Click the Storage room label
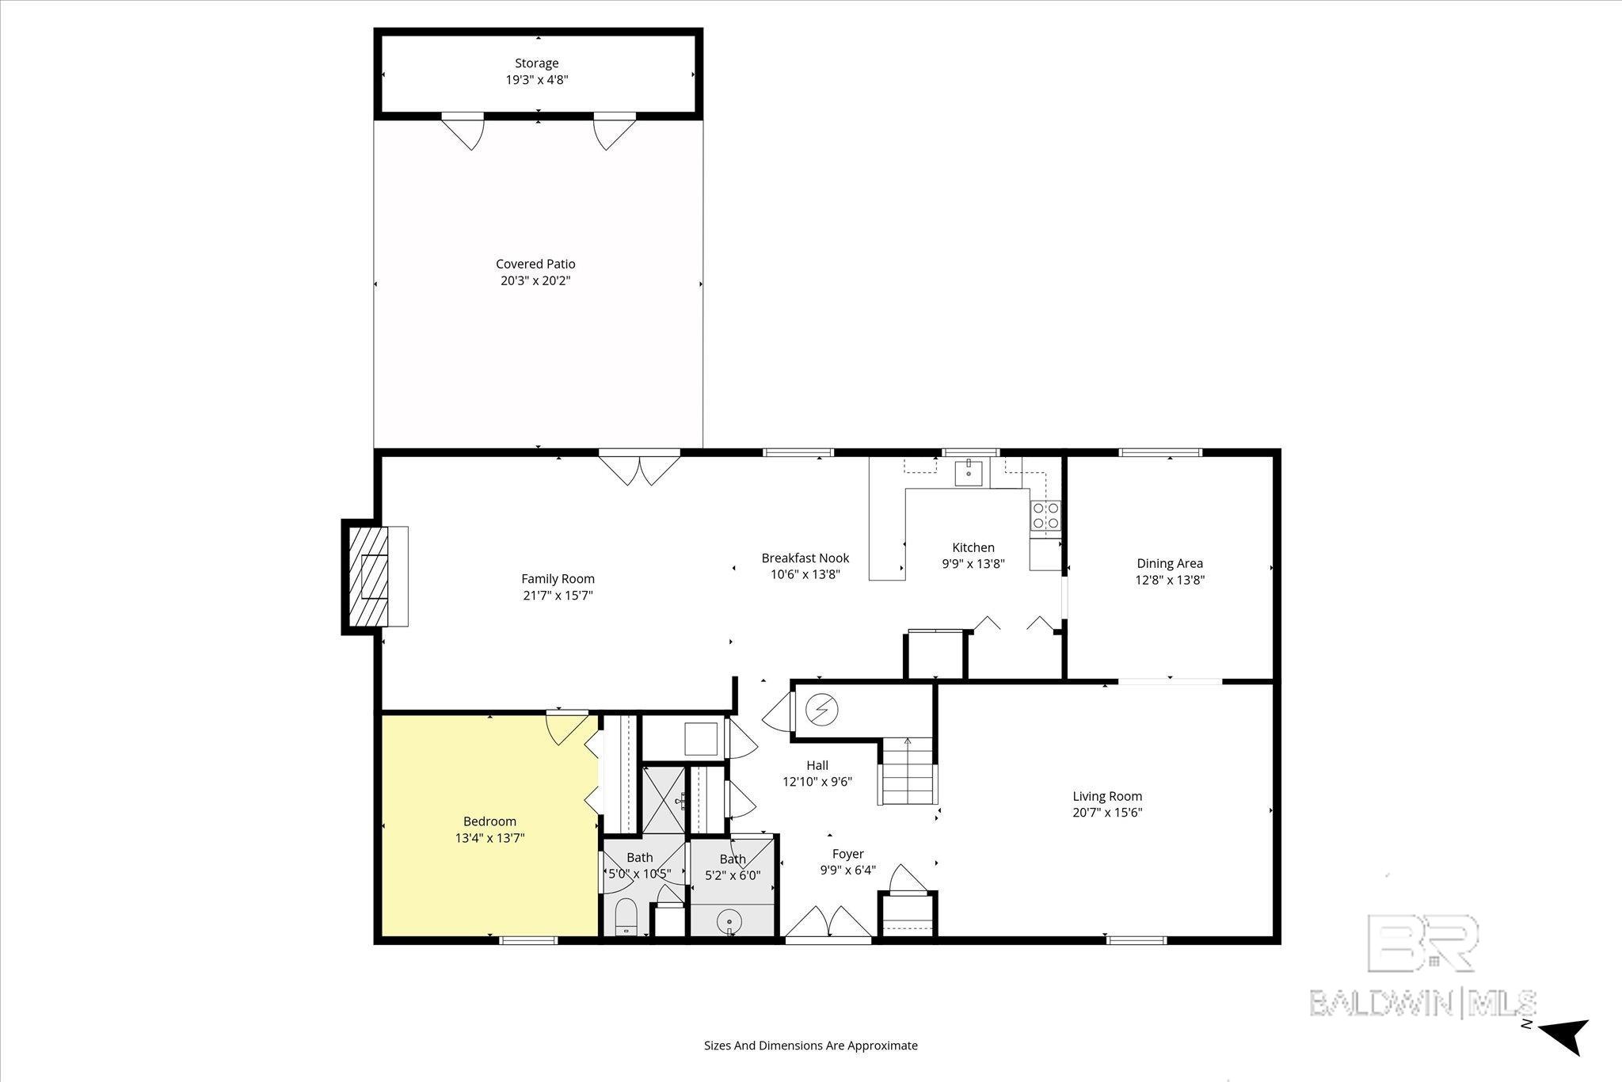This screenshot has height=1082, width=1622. tap(537, 63)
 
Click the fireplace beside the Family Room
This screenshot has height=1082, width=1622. tap(375, 577)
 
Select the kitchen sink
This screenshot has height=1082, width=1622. tap(969, 472)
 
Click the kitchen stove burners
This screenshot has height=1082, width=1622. tap(1045, 516)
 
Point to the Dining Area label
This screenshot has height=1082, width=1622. tap(1170, 563)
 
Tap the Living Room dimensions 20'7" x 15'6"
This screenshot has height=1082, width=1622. tap(1107, 812)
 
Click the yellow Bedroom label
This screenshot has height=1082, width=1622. tap(489, 821)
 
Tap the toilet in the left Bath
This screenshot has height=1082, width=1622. tap(626, 916)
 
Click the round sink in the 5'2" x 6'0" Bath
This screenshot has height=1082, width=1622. tap(728, 921)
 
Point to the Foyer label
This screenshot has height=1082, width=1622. tap(847, 854)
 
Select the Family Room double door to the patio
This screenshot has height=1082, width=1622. tap(639, 467)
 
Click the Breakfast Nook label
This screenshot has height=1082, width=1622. tap(805, 558)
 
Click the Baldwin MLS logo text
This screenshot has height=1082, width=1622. tap(1422, 1003)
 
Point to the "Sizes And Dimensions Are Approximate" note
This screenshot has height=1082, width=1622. tap(811, 1046)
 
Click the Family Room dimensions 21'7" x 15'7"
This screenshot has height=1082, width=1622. tap(558, 595)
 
